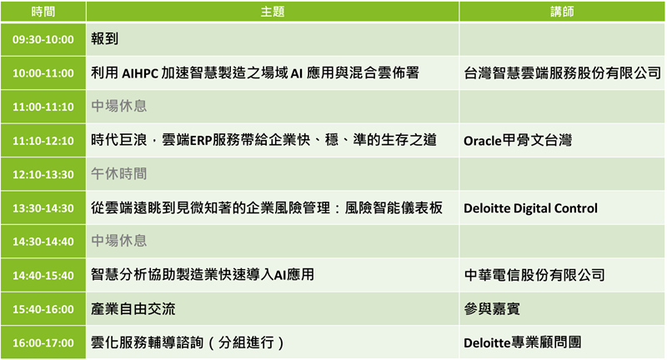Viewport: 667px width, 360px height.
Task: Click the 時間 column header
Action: coord(43,12)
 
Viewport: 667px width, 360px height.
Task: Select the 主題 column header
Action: coord(273,12)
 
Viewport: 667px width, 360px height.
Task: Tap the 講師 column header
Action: coord(562,12)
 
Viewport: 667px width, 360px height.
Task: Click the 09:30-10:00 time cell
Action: coord(43,39)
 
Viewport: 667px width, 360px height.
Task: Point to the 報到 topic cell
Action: coord(105,38)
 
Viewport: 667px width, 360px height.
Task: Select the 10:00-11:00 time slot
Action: coord(43,73)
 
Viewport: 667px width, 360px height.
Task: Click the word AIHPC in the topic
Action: coord(140,73)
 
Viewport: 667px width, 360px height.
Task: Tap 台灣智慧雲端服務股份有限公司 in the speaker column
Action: coord(562,73)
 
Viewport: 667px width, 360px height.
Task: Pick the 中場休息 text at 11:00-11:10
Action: coord(118,106)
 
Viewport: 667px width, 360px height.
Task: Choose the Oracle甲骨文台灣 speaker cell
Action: coord(518,140)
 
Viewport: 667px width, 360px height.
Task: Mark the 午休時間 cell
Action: coord(118,174)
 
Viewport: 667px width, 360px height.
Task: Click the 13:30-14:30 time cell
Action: coord(43,208)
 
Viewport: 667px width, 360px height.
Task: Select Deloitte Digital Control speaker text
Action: coord(530,208)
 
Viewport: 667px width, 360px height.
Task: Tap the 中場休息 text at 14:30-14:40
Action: coord(118,241)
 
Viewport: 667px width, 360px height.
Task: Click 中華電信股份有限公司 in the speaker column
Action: coord(534,275)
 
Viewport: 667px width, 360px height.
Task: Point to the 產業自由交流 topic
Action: coord(133,309)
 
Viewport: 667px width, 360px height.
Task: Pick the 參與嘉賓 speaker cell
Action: coord(492,309)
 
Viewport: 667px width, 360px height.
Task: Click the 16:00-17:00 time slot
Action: coord(43,343)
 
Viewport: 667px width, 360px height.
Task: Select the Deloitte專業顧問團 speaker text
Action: coord(523,342)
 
